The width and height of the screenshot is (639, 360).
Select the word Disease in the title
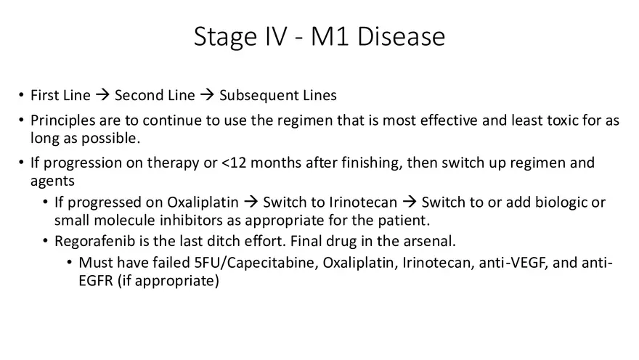click(402, 37)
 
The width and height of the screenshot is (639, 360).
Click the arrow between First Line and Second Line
click(103, 96)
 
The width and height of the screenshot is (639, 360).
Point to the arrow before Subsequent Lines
click(207, 96)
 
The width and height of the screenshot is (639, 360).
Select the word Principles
click(61, 120)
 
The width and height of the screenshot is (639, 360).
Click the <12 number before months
click(234, 163)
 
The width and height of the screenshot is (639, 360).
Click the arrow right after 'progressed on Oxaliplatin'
click(251, 202)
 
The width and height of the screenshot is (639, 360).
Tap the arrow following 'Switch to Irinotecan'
click(409, 202)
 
